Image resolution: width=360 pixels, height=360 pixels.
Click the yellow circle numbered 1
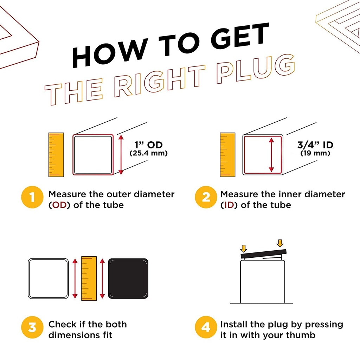[32, 197]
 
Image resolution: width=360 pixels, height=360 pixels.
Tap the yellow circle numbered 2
[206, 197]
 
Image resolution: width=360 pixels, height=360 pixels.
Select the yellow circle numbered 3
[32, 327]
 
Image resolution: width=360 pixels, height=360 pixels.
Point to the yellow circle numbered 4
[206, 327]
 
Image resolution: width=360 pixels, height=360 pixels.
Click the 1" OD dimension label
[149, 145]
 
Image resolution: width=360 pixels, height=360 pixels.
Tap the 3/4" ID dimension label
[315, 145]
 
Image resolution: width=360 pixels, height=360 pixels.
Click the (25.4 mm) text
[149, 153]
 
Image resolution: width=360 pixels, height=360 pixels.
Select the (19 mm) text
[315, 153]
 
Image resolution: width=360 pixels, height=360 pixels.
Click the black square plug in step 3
[128, 278]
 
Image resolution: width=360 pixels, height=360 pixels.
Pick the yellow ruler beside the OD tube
[56, 155]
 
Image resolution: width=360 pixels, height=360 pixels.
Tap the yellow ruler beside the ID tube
[227, 155]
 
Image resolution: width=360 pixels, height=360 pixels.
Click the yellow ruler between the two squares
[89, 278]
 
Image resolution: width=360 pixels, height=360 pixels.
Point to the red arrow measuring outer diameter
[121, 155]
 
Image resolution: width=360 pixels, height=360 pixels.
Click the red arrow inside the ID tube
[271, 155]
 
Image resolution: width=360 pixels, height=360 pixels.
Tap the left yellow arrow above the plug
[243, 249]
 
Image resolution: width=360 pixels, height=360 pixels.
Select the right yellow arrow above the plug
[280, 243]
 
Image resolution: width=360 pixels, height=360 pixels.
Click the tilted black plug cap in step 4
[264, 254]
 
